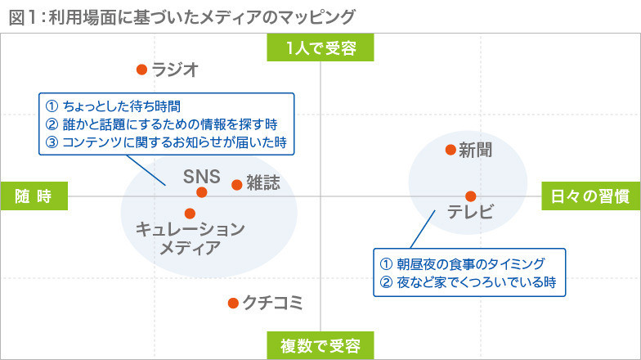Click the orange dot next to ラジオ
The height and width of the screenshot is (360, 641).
click(142, 70)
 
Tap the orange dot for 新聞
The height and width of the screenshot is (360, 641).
click(450, 150)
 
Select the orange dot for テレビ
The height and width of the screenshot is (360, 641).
click(471, 196)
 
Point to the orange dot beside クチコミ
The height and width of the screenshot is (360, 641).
click(233, 303)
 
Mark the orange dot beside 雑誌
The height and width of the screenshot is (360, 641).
click(237, 185)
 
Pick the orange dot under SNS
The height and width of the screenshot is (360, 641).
click(201, 192)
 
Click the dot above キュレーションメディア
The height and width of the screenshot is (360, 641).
click(190, 213)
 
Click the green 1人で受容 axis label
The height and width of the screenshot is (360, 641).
click(320, 47)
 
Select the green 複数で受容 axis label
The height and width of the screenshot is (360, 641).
click(320, 345)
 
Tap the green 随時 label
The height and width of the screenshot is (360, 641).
click(34, 196)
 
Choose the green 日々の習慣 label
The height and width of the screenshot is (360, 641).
click(590, 196)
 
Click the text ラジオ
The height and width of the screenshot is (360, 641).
click(175, 70)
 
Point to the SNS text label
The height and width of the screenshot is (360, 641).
click(201, 177)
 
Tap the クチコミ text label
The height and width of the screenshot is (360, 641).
click(273, 303)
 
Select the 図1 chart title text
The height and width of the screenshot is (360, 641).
click(182, 18)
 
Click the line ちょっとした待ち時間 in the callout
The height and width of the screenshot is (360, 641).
click(113, 106)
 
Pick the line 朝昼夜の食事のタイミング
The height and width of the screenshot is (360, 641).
click(463, 263)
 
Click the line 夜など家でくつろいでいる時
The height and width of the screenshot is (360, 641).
click(468, 281)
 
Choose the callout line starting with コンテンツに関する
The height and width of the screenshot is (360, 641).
click(166, 142)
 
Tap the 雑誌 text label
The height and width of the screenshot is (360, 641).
click(263, 183)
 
